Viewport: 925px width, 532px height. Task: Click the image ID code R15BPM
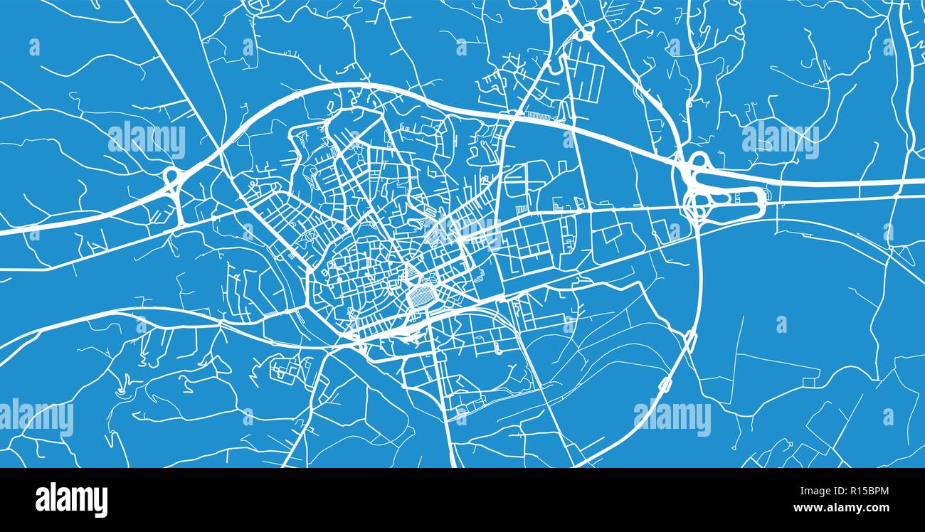pos(859,491)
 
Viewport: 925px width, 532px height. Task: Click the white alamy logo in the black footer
pos(71,499)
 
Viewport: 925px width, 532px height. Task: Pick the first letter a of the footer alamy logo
pos(42,501)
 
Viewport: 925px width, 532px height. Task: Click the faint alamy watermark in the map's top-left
pos(147,140)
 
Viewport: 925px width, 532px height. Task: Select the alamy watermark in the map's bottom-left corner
pos(36,418)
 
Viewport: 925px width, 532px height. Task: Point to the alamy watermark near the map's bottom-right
pos(672,418)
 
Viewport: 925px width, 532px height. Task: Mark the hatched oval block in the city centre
pos(423,295)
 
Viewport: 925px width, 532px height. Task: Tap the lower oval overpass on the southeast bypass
pos(665,385)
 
